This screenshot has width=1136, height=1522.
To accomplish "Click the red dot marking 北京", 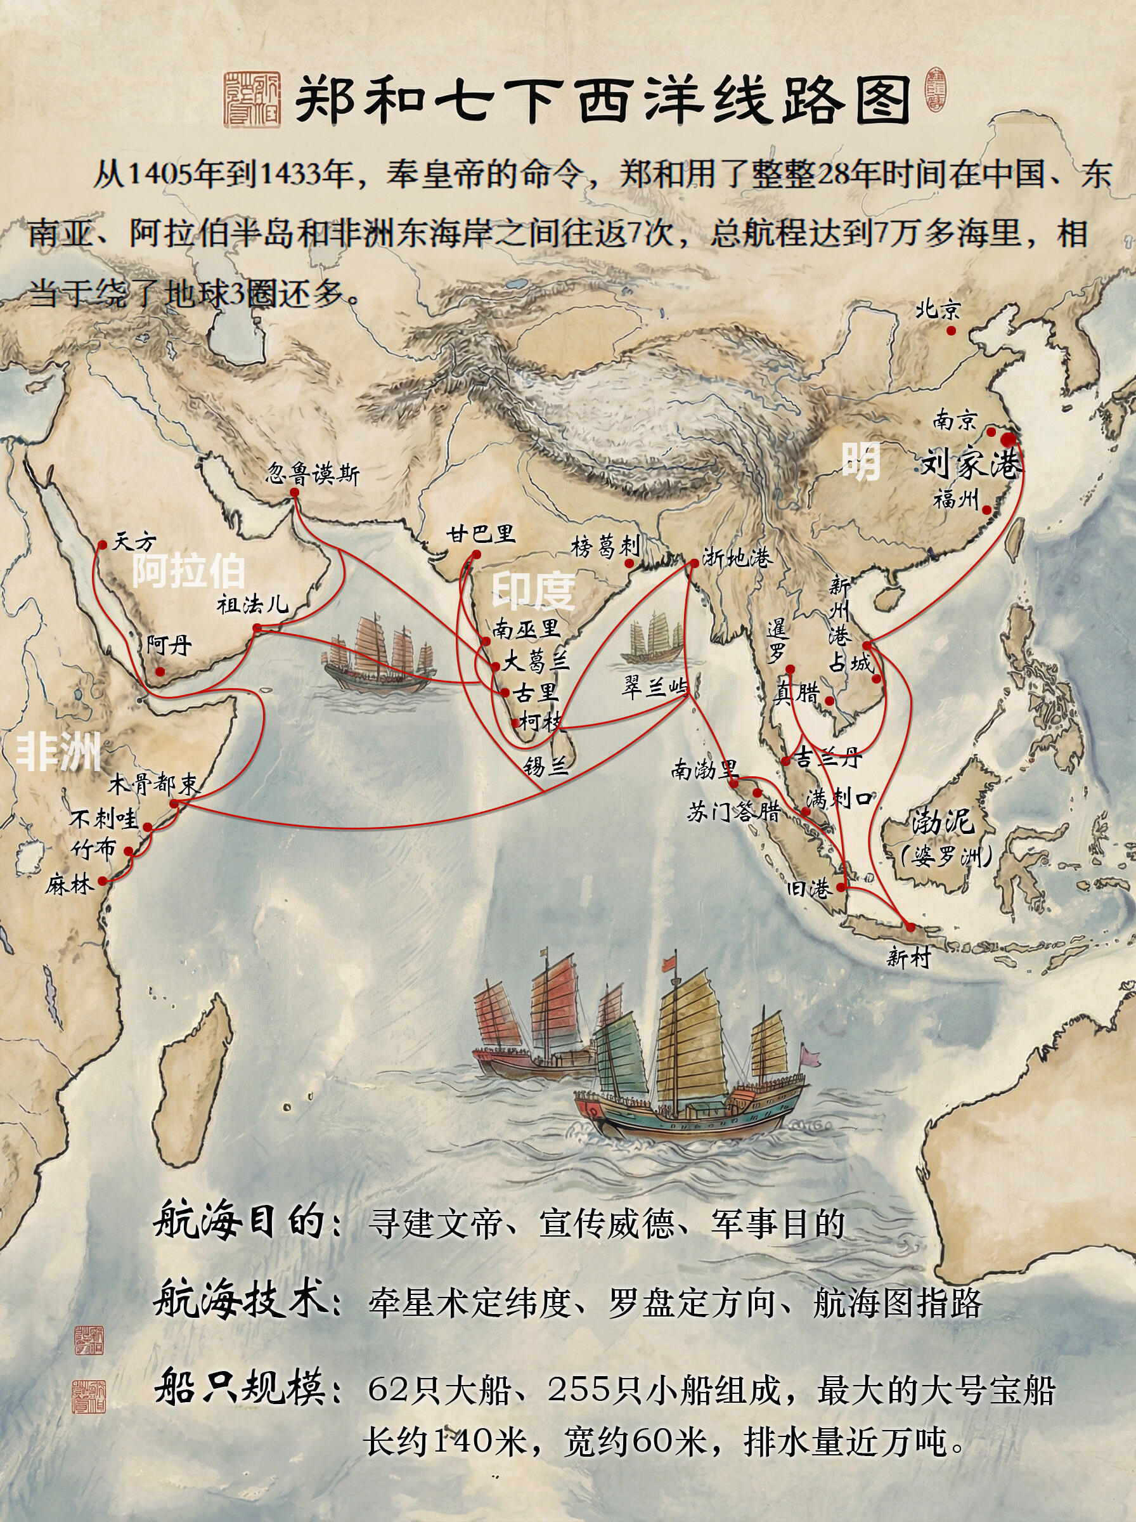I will pyautogui.click(x=951, y=331).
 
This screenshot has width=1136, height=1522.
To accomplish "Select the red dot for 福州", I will pyautogui.click(x=987, y=511).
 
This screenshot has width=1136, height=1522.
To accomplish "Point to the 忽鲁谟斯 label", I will pyautogui.click(x=313, y=474).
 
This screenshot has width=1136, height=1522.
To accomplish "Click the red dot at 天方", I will pyautogui.click(x=102, y=545).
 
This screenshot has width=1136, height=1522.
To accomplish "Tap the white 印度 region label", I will pyautogui.click(x=533, y=590).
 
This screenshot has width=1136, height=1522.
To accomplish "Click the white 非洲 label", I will pyautogui.click(x=58, y=751).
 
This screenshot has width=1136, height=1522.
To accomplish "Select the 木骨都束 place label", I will pyautogui.click(x=153, y=784).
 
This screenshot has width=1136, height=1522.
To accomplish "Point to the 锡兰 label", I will pyautogui.click(x=545, y=765).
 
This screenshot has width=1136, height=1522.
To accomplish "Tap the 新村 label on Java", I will pyautogui.click(x=908, y=957).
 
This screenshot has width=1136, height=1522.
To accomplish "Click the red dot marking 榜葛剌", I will pyautogui.click(x=628, y=563).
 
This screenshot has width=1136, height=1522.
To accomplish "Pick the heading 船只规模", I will pyautogui.click(x=241, y=1384).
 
